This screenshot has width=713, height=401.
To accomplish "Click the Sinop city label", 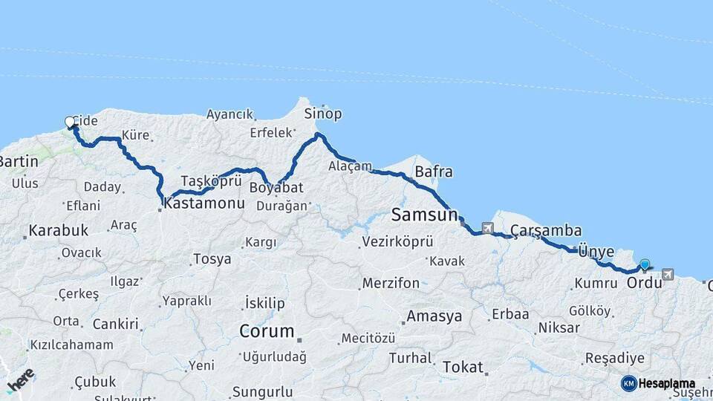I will click(x=322, y=114).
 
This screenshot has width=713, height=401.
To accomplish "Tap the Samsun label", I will click(x=424, y=215).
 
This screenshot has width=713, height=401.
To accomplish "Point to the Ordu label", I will click(x=644, y=284).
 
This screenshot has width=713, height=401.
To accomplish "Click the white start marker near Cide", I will click(x=70, y=122).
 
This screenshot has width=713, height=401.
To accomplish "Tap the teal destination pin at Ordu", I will click(x=644, y=264).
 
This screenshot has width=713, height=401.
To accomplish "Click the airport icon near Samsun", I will click(x=487, y=228).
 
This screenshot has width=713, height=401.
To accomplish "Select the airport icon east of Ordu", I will click(x=667, y=274).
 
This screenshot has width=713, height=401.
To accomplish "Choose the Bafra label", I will click(x=433, y=172).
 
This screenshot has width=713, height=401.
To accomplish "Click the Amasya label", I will click(x=434, y=316).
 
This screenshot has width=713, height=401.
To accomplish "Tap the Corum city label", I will click(x=267, y=331).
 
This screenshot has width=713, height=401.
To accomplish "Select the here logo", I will click(x=19, y=381).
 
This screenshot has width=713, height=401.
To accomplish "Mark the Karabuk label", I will click(x=58, y=229).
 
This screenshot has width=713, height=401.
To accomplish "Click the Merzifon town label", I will click(x=391, y=283).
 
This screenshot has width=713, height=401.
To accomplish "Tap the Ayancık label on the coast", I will click(x=229, y=115).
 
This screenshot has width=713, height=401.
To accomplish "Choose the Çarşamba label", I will click(x=546, y=230).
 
